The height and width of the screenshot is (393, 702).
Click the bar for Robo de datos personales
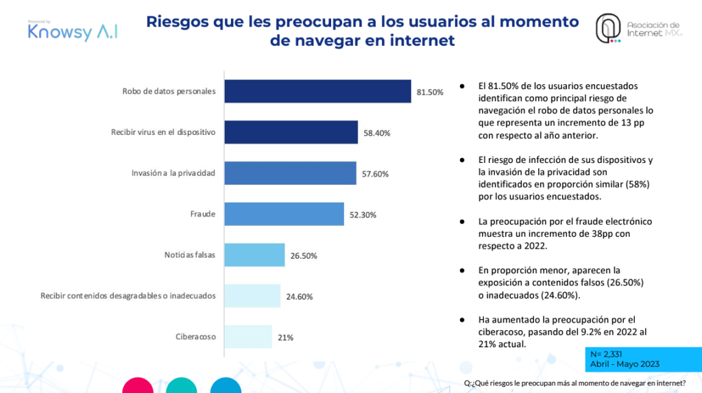[317, 91]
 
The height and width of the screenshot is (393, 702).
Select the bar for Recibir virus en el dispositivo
[291, 132]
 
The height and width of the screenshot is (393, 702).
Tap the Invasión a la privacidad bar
[290, 173]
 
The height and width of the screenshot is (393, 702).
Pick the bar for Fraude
[284, 214]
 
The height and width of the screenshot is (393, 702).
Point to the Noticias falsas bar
[254, 255]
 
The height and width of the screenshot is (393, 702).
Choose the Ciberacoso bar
[248, 337]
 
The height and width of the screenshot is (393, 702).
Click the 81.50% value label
[430, 92]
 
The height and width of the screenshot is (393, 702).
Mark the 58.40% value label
[376, 133]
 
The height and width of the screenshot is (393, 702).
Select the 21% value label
[285, 338]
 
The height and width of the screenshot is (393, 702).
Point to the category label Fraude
[203, 214]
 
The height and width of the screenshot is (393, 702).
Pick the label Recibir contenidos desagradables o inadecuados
[128, 296]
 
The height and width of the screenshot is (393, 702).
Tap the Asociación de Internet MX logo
[638, 29]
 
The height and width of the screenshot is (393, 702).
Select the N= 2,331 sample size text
[607, 354]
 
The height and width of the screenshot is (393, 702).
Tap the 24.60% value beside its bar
[299, 296]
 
